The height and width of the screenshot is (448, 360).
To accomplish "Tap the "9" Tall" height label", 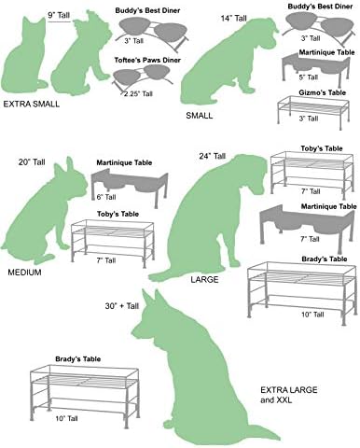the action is (x=59, y=15).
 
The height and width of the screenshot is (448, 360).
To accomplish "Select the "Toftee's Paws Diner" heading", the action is (x=147, y=60).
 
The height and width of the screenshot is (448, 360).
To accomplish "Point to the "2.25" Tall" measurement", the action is (x=138, y=93).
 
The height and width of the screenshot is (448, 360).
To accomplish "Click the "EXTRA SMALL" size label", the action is (x=31, y=104).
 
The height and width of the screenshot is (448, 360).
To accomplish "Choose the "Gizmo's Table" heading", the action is (x=322, y=92).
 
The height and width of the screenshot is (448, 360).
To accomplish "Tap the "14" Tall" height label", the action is (x=233, y=19).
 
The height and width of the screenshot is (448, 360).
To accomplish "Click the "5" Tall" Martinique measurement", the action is (x=309, y=77).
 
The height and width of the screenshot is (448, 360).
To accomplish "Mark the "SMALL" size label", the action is (x=200, y=116).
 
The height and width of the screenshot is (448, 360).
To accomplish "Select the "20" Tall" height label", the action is (x=32, y=162).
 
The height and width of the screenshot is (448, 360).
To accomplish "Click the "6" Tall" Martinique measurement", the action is (x=106, y=197).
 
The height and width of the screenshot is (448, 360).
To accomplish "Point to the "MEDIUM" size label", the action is (x=24, y=273).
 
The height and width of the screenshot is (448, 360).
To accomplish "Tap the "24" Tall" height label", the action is (x=213, y=156).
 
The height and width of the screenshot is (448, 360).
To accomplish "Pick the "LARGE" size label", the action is (x=204, y=279).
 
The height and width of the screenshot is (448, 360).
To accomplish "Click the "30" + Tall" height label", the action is (x=122, y=306).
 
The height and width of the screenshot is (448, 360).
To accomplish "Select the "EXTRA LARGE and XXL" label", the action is (x=289, y=395).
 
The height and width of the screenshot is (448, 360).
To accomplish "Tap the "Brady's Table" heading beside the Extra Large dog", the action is (x=77, y=359).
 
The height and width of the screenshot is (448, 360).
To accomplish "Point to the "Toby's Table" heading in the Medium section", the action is (x=118, y=214).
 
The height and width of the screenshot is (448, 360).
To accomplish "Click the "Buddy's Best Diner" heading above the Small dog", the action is (x=320, y=7).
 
